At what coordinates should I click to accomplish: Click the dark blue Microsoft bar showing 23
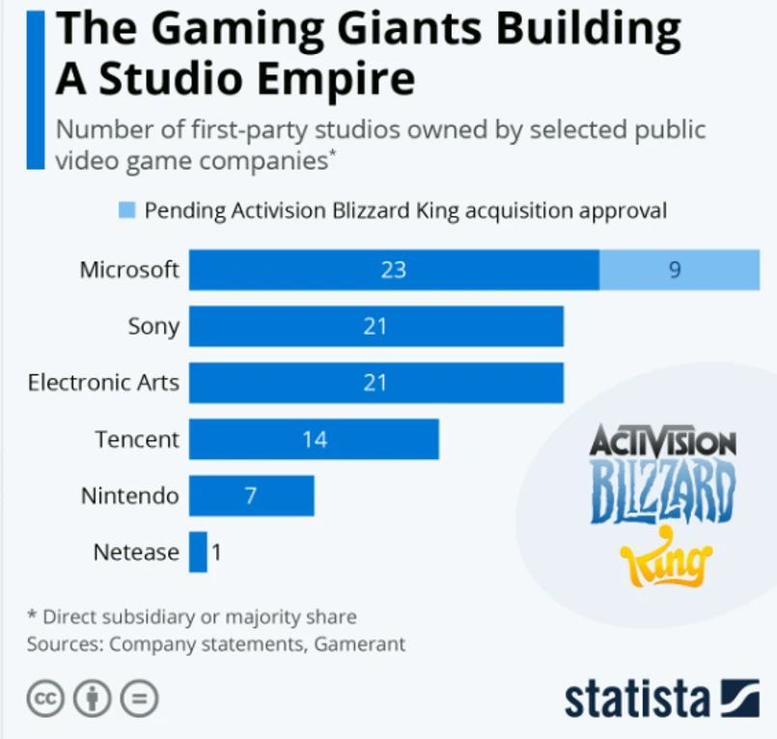pos(394,269)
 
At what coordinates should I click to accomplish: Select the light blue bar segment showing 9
pos(679,269)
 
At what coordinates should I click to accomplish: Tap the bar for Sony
pos(375,326)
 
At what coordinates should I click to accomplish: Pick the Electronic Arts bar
pos(375,382)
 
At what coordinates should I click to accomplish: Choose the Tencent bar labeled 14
pos(314,439)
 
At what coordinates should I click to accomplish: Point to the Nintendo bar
pos(251,496)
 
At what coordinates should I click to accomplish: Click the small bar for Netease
pos(198,552)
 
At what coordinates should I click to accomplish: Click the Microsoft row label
pos(129,269)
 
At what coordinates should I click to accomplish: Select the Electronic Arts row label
pos(103,382)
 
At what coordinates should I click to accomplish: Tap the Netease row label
pos(136,552)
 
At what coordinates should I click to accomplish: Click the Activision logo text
pos(662,444)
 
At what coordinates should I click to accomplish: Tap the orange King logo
pos(665,559)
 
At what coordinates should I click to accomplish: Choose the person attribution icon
pos(93,698)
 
